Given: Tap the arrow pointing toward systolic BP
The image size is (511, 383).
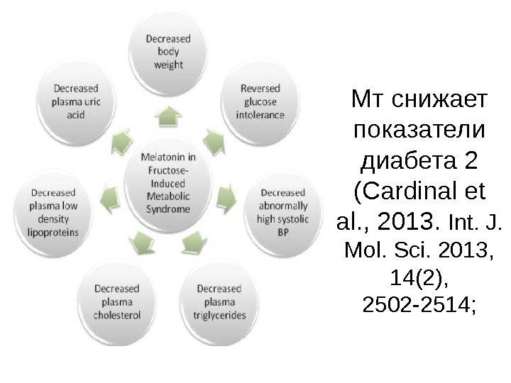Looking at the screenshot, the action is tap(228, 193).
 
